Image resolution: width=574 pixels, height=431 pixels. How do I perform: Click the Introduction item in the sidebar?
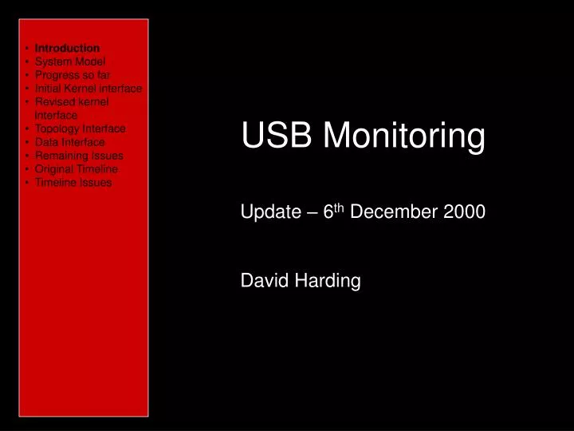tap(67, 48)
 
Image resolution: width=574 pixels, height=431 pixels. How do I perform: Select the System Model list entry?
tap(70, 61)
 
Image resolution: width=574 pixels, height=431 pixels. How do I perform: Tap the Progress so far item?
tap(73, 75)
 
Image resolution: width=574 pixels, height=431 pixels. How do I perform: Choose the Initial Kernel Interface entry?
tap(88, 89)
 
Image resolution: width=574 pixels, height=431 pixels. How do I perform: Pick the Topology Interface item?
tap(80, 128)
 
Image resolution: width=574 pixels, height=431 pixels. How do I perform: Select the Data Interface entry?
tap(69, 142)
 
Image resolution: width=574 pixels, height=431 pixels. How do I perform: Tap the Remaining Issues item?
tap(79, 156)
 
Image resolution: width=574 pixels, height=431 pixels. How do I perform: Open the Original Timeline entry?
tap(77, 169)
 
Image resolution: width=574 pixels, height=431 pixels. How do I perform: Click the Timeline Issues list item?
tap(73, 183)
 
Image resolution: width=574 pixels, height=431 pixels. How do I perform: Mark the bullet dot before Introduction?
tap(27, 49)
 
